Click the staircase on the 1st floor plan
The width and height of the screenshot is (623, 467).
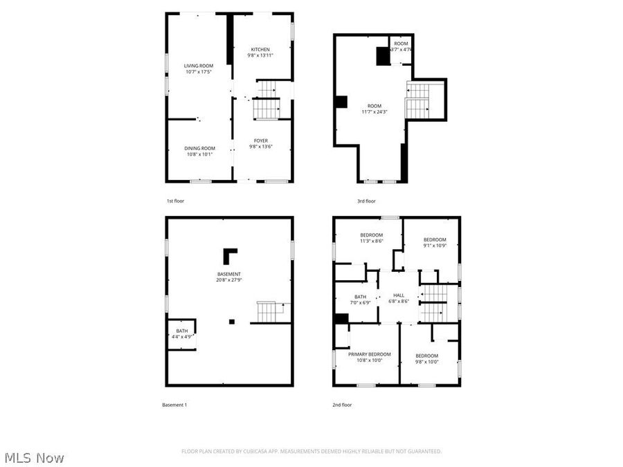pos(267,99)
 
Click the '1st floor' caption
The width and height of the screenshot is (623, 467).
pos(175,201)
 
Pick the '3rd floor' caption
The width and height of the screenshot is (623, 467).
pos(366,201)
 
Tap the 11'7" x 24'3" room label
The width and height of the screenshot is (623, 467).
pos(374,109)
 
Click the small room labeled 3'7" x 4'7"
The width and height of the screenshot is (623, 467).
pos(401,47)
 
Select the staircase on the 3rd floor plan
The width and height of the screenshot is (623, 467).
pos(417,100)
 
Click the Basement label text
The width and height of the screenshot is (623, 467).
pos(228,274)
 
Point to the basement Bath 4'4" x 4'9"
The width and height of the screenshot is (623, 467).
pos(181,333)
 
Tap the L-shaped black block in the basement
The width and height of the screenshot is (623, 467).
pos(229,255)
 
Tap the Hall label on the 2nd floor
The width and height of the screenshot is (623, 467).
pos(399,297)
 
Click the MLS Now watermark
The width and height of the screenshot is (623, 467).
pos(35,457)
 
